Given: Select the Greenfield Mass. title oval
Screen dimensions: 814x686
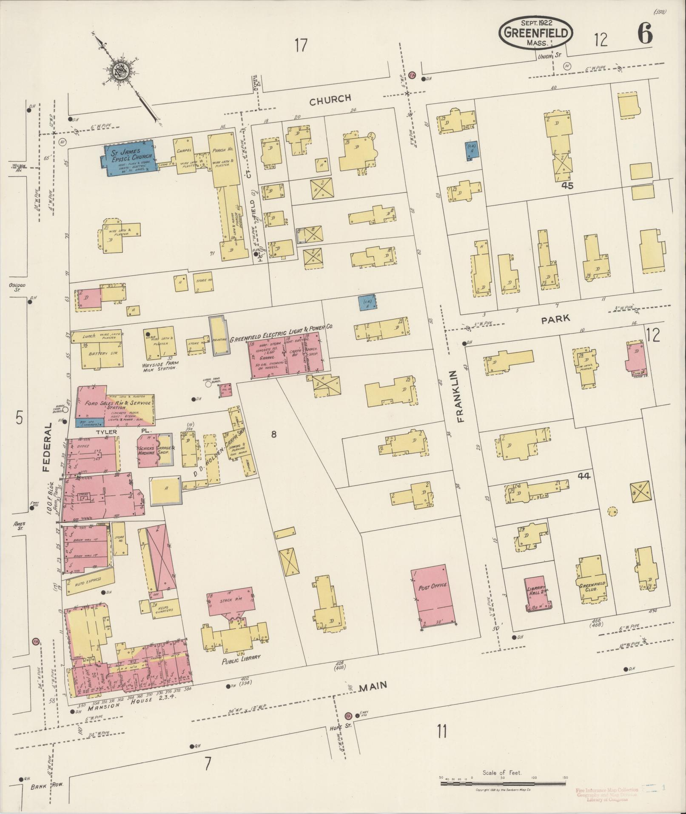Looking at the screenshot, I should pyautogui.click(x=536, y=33).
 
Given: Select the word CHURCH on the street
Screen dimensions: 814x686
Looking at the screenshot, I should pyautogui.click(x=330, y=99).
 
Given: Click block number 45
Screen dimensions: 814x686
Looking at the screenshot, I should pyautogui.click(x=567, y=186).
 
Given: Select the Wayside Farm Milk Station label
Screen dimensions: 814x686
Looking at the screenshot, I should pyautogui.click(x=161, y=366).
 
